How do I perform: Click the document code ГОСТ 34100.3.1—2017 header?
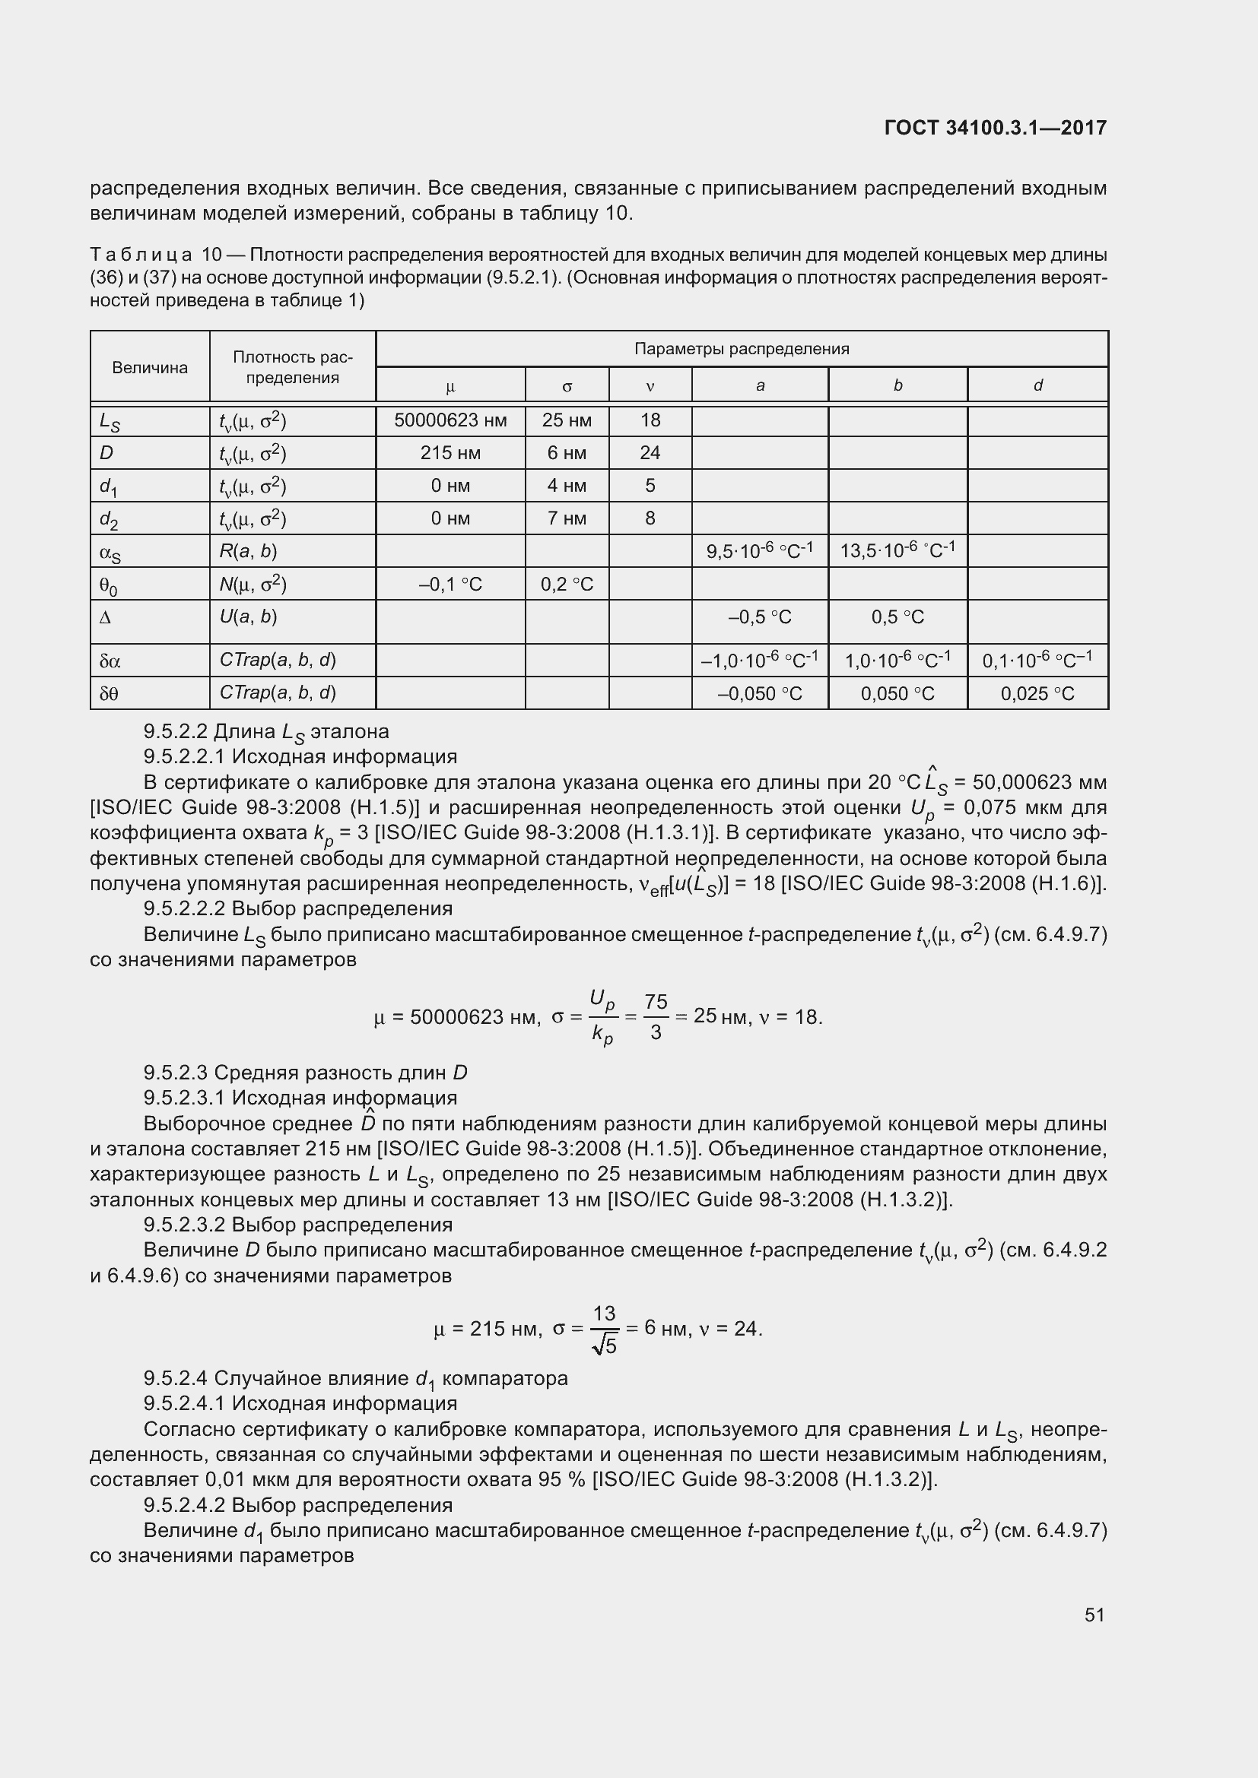tap(995, 128)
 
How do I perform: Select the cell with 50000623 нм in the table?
tap(450, 420)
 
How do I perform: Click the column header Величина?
tap(150, 367)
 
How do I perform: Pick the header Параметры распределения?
tap(742, 349)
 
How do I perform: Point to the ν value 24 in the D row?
tap(649, 453)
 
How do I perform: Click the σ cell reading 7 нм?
tap(567, 518)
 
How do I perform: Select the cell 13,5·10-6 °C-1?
tap(897, 550)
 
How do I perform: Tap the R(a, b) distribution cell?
tap(248, 551)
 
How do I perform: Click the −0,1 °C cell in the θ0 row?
tap(450, 584)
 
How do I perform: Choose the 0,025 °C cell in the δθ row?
tap(1037, 693)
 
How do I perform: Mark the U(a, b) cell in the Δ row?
tap(248, 617)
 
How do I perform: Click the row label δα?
tap(110, 661)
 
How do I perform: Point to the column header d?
tap(1037, 385)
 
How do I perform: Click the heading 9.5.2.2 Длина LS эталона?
tap(265, 731)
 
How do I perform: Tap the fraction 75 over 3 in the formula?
tap(656, 1017)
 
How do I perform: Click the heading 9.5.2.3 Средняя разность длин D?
tap(305, 1073)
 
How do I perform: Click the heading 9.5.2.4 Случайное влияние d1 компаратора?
tap(355, 1378)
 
